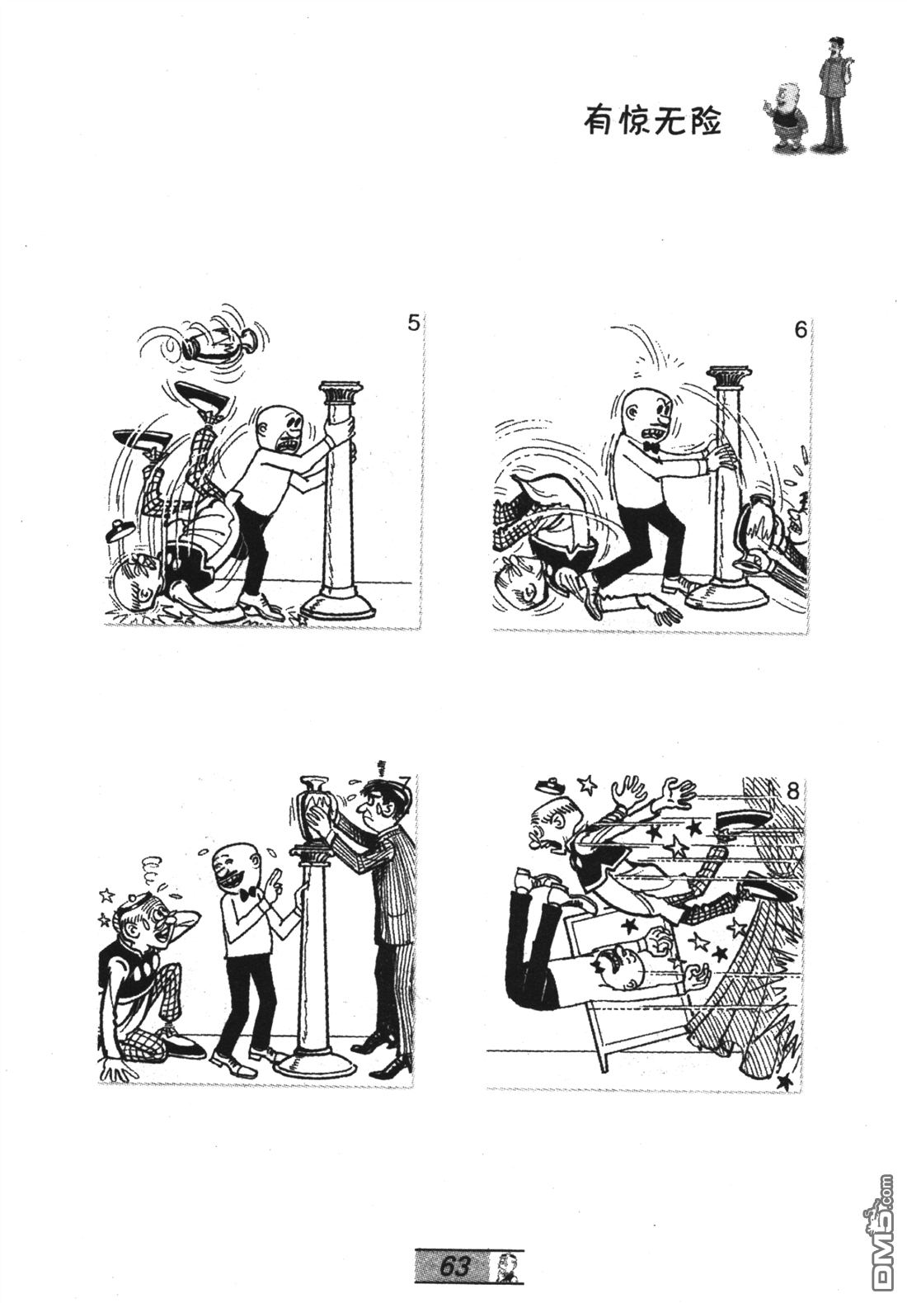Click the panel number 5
pyautogui.click(x=413, y=323)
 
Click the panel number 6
pyautogui.click(x=801, y=330)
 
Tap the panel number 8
pyautogui.click(x=793, y=791)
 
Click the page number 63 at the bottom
pyautogui.click(x=454, y=1264)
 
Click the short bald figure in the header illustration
pyautogui.click(x=788, y=116)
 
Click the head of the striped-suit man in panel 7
pyautogui.click(x=376, y=801)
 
